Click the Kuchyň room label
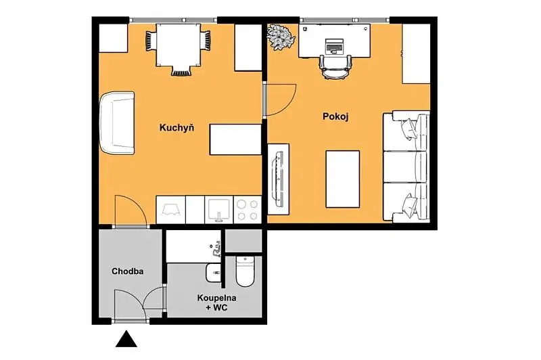click(177, 128)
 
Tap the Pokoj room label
click(335, 116)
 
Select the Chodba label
click(128, 271)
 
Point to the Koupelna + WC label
click(216, 302)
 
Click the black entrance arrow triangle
click(126, 338)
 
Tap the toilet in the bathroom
click(245, 271)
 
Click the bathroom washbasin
click(213, 273)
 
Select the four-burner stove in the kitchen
click(248, 210)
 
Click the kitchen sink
click(218, 210)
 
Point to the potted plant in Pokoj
click(281, 37)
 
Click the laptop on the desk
click(334, 46)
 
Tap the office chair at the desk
click(335, 67)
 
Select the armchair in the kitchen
click(117, 122)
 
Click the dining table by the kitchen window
click(178, 45)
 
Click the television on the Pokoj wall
click(278, 179)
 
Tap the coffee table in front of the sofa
click(343, 179)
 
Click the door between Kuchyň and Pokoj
click(280, 99)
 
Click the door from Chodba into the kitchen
click(131, 210)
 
